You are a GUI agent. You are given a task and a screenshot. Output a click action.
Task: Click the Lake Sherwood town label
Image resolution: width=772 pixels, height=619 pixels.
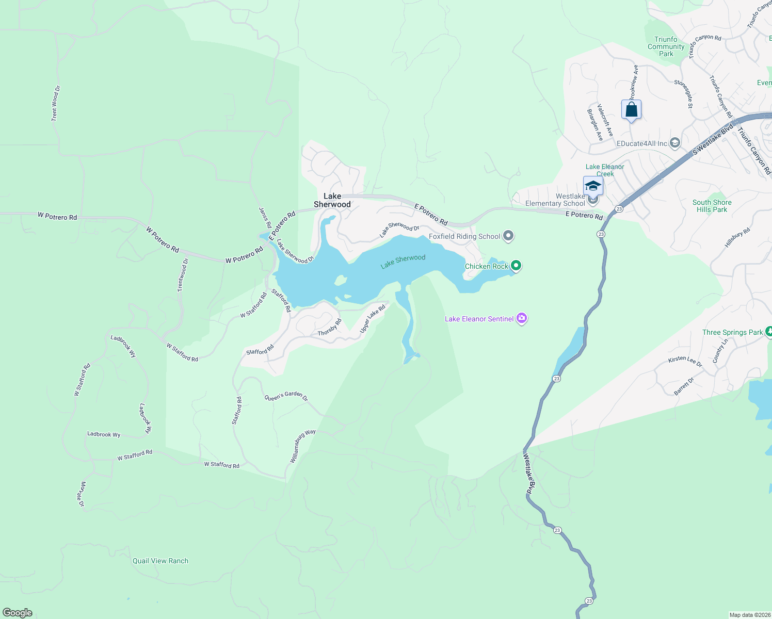coord(332,200)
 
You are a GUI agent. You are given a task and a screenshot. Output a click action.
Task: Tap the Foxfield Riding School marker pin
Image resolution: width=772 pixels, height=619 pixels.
coord(508,236)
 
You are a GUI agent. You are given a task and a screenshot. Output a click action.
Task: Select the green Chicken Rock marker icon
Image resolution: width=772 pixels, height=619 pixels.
coord(516,266)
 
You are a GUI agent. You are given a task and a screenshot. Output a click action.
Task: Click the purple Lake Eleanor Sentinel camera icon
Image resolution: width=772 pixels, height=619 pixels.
coord(522,318)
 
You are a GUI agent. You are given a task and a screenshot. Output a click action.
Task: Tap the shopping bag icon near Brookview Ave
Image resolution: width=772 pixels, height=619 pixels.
coord(631,110)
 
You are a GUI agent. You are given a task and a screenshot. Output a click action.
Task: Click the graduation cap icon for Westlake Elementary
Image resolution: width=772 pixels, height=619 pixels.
coord(593,186)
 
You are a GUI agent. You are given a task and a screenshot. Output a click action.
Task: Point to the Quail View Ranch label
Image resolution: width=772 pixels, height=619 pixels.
coord(160,561)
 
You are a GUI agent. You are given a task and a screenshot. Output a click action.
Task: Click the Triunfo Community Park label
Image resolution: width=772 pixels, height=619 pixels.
coord(666,46)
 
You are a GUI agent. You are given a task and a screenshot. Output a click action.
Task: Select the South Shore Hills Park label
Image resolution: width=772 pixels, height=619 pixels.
coord(712,206)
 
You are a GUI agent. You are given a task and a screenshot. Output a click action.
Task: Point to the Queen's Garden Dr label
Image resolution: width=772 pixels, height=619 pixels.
coord(286,396)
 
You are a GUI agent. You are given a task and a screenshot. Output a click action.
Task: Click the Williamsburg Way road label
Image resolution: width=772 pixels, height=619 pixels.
coord(302,446)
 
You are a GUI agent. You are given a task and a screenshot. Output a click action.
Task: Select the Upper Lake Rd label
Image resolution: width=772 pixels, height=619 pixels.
coord(373,319)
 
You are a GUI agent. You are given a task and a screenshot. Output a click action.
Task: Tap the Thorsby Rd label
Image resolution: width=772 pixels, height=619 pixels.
coord(330,328)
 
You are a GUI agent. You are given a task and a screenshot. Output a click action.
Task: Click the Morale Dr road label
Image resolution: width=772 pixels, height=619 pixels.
coord(82,494)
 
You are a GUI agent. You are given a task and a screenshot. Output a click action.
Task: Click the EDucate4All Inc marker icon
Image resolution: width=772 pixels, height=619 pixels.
coord(675,143)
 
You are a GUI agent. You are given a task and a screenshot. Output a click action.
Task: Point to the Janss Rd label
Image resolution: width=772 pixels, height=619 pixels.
coord(265,218)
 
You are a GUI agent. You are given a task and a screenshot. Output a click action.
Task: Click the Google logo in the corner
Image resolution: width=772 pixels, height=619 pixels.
coord(18,613)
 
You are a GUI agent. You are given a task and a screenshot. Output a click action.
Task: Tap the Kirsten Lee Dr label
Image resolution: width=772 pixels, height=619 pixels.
coord(685,361)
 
